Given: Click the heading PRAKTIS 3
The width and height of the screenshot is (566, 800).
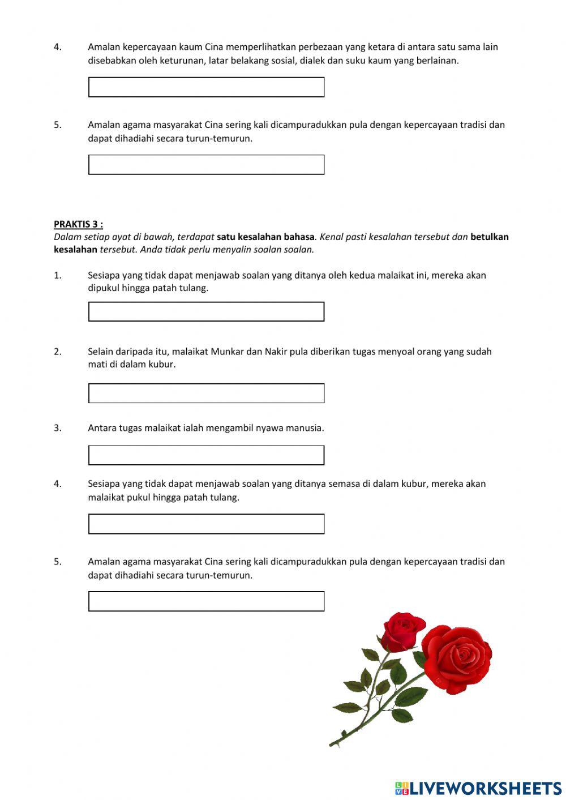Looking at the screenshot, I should (x=78, y=224).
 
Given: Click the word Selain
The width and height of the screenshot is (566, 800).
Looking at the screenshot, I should (x=100, y=352).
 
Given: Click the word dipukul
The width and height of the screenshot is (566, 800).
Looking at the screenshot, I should (x=104, y=288).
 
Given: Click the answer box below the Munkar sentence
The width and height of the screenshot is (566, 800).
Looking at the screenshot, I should (x=206, y=393).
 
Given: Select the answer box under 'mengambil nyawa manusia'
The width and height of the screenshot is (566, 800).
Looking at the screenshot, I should (x=206, y=455).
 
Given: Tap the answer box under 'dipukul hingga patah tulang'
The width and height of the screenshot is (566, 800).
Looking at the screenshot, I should (x=206, y=311).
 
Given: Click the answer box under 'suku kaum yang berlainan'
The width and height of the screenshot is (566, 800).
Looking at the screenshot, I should (x=206, y=87).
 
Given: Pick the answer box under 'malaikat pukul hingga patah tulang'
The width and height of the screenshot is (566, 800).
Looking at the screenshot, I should (x=206, y=524).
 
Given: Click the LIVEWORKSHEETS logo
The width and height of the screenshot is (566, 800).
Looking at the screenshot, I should (x=478, y=788).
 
